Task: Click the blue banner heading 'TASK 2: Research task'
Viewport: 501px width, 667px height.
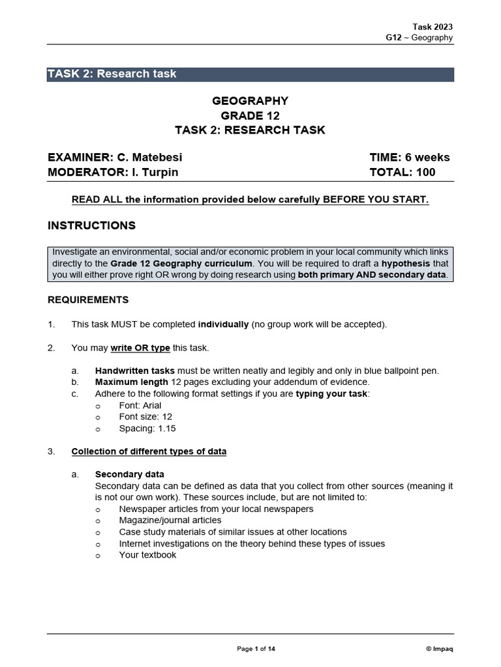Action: pyautogui.click(x=112, y=74)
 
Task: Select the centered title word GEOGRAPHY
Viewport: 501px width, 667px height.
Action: pyautogui.click(x=250, y=101)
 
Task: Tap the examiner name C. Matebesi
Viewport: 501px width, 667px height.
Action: pyautogui.click(x=149, y=157)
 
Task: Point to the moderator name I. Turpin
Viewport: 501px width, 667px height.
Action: pyautogui.click(x=151, y=173)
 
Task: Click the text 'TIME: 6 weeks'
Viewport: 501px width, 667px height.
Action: pyautogui.click(x=409, y=157)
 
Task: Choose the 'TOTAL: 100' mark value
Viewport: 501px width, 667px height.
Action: pyautogui.click(x=402, y=173)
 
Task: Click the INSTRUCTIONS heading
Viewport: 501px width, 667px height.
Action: pyautogui.click(x=91, y=225)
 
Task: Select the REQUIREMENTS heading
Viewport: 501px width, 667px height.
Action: pyautogui.click(x=88, y=300)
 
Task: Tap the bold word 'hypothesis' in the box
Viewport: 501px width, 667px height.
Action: pyautogui.click(x=406, y=264)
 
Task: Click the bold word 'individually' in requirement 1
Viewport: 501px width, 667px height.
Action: pyautogui.click(x=223, y=324)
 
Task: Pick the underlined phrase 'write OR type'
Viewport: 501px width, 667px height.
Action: pyautogui.click(x=140, y=348)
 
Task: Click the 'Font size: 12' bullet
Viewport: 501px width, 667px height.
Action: pyautogui.click(x=145, y=417)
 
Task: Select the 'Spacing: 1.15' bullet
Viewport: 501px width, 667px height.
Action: pyautogui.click(x=147, y=429)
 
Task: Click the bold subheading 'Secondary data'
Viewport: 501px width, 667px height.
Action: pyautogui.click(x=129, y=474)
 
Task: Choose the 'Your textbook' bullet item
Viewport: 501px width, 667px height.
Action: pyautogui.click(x=147, y=555)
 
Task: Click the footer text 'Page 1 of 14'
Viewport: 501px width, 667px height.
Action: pyautogui.click(x=256, y=649)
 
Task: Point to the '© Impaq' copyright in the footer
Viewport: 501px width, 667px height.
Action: pyautogui.click(x=438, y=649)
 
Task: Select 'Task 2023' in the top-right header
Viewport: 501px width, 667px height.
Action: pyautogui.click(x=433, y=27)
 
